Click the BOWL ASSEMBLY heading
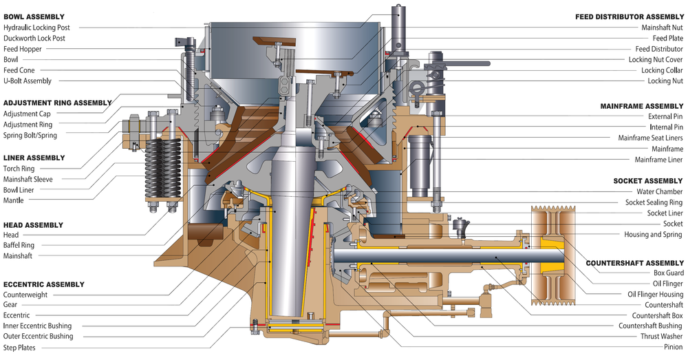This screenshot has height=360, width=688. click(x=34, y=16)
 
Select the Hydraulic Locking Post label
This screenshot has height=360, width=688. click(x=41, y=28)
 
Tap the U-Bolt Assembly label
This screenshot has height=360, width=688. click(x=28, y=81)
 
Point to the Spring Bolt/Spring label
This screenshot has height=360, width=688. click(x=30, y=136)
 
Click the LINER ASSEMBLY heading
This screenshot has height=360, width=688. click(x=34, y=158)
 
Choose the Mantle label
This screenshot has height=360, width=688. click(x=14, y=200)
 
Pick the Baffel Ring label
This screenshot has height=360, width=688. click(x=19, y=245)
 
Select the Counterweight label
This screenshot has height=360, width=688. click(x=26, y=294)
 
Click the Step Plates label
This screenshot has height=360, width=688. click(x=20, y=348)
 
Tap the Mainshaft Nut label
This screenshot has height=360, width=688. click(x=662, y=28)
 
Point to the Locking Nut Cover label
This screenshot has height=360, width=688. click(x=656, y=60)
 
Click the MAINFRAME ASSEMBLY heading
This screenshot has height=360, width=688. click(x=641, y=106)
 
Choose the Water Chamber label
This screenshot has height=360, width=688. click(x=658, y=191)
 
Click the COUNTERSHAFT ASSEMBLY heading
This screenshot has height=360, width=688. click(x=634, y=263)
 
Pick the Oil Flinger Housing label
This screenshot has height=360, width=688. click(x=655, y=294)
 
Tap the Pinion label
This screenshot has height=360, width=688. click(x=673, y=347)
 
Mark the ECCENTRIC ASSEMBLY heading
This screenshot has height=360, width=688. click(x=44, y=284)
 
